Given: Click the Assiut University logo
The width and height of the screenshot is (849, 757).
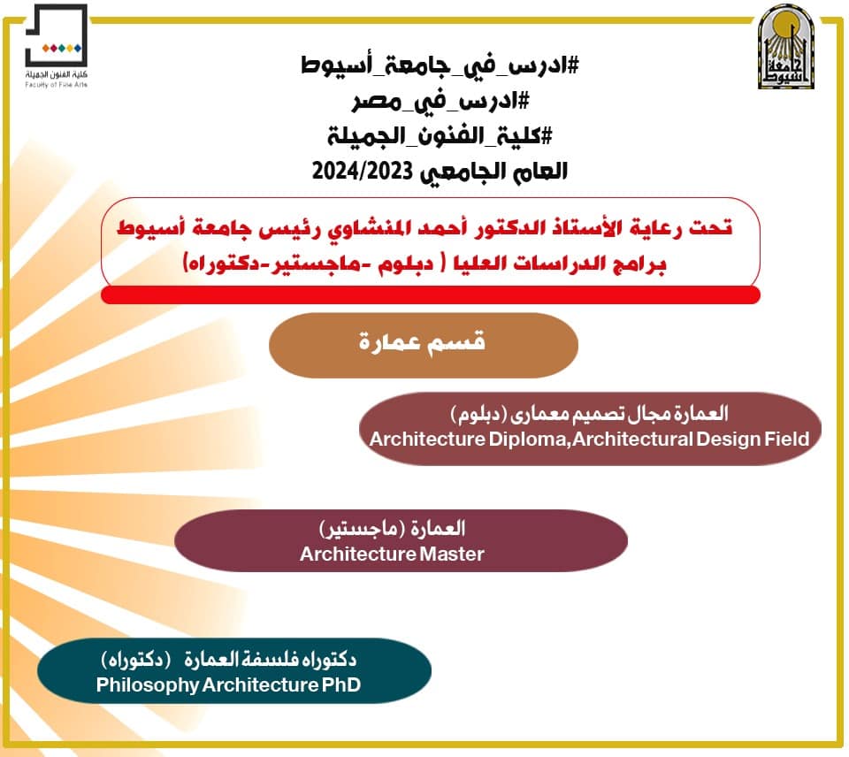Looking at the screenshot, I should (784, 47).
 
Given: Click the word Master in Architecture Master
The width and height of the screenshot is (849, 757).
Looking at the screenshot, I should (451, 554).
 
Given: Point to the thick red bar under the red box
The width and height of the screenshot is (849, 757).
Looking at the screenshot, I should (431, 295).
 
